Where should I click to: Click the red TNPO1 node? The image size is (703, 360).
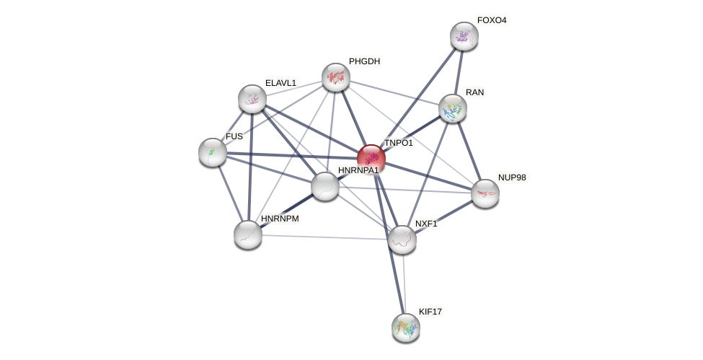[x=371, y=159]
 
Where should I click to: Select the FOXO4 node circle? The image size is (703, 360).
[x=464, y=36]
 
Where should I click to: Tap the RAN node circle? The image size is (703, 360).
[x=453, y=108]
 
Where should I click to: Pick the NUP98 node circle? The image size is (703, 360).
[x=485, y=193]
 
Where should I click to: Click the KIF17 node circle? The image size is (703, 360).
[x=405, y=328]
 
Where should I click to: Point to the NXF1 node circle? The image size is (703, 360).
[x=402, y=240]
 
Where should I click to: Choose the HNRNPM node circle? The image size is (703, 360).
[x=248, y=234]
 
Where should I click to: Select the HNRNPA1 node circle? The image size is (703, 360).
[x=325, y=186]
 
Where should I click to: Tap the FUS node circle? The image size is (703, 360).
[x=213, y=152]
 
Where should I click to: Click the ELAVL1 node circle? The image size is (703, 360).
[x=252, y=99]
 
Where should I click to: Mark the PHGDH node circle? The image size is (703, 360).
[x=335, y=77]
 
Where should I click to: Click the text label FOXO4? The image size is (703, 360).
[x=492, y=20]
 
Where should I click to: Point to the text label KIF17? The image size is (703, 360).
[x=430, y=312]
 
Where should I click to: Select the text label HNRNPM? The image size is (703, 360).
[x=280, y=219]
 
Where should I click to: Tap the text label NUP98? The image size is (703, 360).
[x=512, y=177]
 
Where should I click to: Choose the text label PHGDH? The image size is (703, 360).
[x=364, y=61]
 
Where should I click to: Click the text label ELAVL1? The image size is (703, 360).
[x=280, y=83]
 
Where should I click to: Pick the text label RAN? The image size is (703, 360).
[x=474, y=92]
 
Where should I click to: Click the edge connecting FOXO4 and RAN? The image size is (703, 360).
[x=459, y=72]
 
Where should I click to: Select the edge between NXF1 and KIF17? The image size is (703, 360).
[x=404, y=284]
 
